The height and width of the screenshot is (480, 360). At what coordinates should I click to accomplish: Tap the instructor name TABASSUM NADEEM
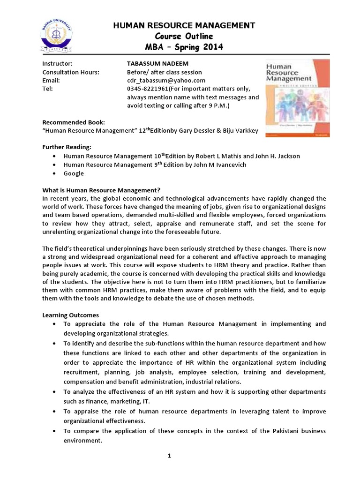tap(156, 63)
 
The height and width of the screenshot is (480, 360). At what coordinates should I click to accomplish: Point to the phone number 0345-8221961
tap(147, 89)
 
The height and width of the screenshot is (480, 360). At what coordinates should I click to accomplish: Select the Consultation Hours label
tap(71, 72)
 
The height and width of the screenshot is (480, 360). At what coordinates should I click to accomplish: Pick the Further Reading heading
tap(64, 147)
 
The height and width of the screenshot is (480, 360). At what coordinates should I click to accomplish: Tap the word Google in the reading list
tap(74, 173)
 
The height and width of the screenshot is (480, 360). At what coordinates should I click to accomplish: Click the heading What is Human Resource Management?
tap(101, 189)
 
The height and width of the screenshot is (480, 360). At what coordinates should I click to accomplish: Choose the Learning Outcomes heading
tap(70, 315)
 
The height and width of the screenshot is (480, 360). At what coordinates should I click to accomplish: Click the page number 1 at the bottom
tap(183, 469)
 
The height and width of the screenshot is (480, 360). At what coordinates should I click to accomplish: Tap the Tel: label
tap(47, 89)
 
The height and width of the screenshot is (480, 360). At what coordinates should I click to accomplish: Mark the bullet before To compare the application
tap(55, 431)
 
